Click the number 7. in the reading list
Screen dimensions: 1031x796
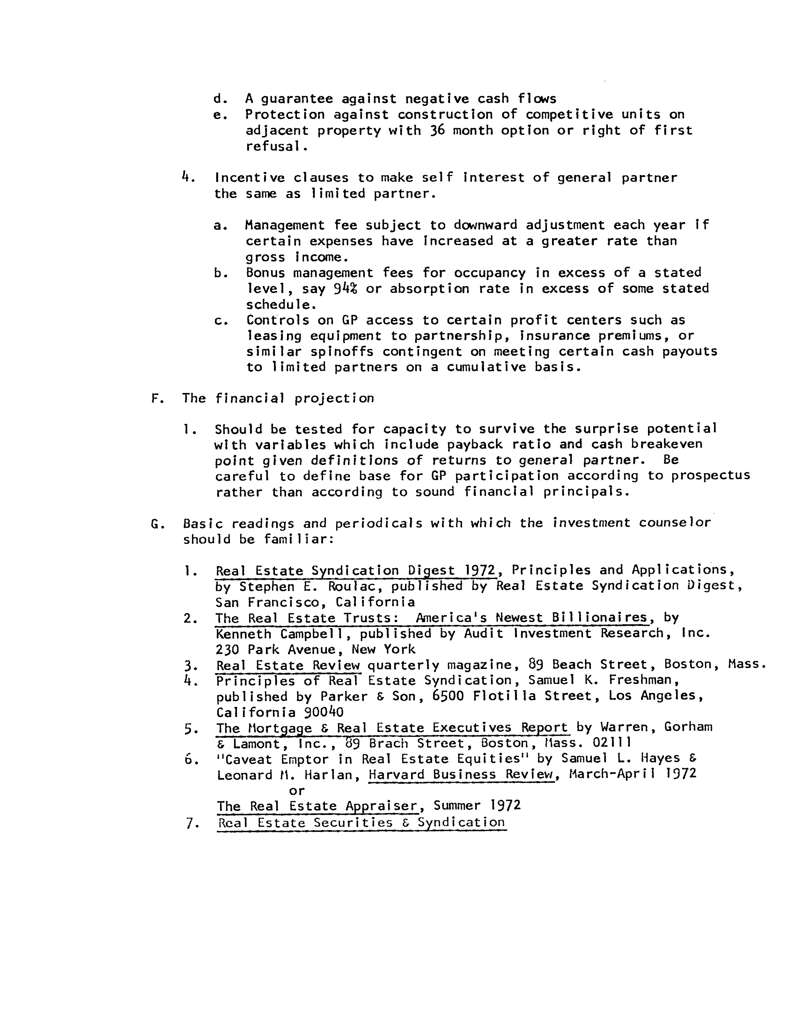click(x=191, y=824)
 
